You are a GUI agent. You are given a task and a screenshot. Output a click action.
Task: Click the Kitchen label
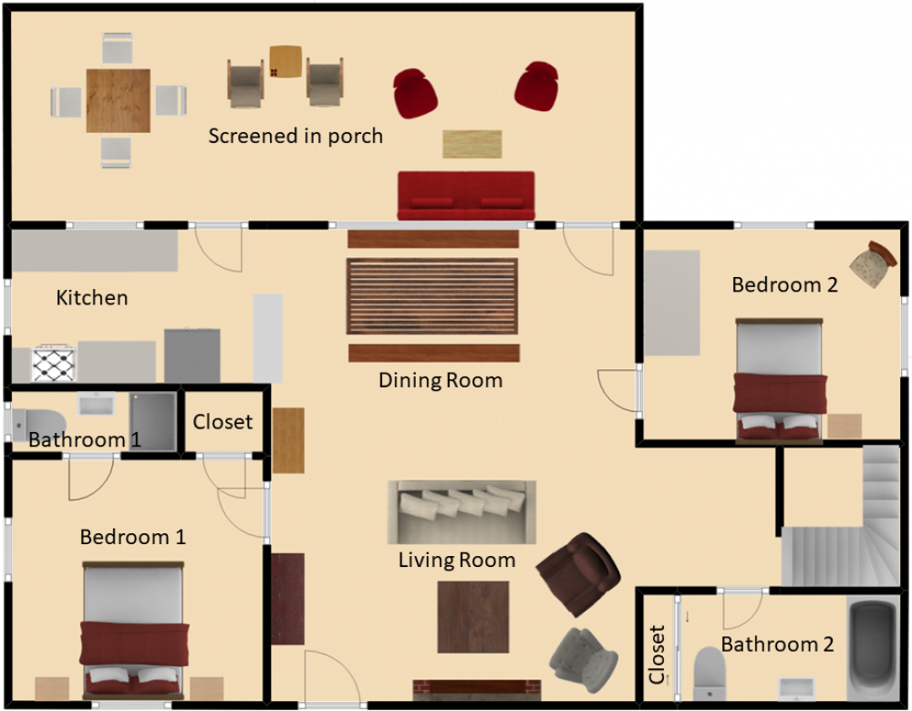click(x=92, y=298)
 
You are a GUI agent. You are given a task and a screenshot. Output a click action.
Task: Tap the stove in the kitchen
click(x=54, y=364)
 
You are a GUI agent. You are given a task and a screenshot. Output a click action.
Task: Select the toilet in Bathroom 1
click(x=38, y=423)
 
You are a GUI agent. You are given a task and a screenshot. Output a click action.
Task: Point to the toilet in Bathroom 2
click(x=710, y=674)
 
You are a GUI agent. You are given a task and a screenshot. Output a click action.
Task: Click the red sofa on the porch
click(x=466, y=195)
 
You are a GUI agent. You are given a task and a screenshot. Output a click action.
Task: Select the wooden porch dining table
click(x=118, y=100)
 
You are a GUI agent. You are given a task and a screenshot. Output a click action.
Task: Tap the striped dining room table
click(x=432, y=296)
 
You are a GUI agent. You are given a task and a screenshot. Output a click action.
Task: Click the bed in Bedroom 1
click(x=134, y=631)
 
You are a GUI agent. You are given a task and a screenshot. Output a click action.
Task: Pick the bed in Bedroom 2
click(x=780, y=381)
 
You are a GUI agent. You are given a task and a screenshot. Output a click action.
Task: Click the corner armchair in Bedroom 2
click(x=873, y=264)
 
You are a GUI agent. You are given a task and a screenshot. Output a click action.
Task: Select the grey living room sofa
click(x=461, y=512)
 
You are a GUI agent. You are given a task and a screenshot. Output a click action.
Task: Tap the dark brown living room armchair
click(x=578, y=573)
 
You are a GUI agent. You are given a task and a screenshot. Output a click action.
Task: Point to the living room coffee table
click(x=472, y=617)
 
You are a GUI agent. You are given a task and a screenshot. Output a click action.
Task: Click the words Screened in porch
click(x=295, y=136)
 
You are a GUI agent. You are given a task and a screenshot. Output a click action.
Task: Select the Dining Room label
click(x=440, y=380)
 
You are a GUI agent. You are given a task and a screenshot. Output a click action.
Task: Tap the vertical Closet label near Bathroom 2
click(x=657, y=654)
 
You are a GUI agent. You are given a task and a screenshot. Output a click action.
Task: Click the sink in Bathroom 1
click(x=97, y=404)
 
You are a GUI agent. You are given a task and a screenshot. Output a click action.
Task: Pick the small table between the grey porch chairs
click(x=285, y=62)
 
